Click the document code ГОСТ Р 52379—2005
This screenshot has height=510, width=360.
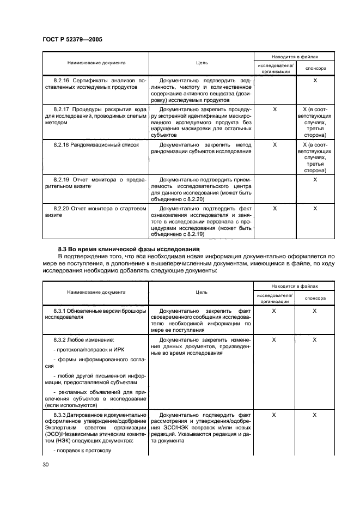[72, 39]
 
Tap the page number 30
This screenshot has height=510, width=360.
[46, 464]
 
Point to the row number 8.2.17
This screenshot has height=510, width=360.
[64, 109]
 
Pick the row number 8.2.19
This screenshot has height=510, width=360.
[64, 179]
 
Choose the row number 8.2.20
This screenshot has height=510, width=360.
[64, 208]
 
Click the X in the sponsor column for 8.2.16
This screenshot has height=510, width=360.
[315, 80]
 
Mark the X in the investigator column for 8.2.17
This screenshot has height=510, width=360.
[274, 109]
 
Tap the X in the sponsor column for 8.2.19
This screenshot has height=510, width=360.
[315, 179]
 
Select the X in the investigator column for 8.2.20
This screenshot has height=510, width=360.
[274, 208]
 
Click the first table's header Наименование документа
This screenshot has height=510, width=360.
[96, 63]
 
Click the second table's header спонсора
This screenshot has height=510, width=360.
[315, 299]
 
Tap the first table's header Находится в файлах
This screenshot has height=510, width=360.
[295, 56]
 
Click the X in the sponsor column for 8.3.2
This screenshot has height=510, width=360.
[315, 339]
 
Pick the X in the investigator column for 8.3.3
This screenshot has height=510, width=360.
[274, 415]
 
